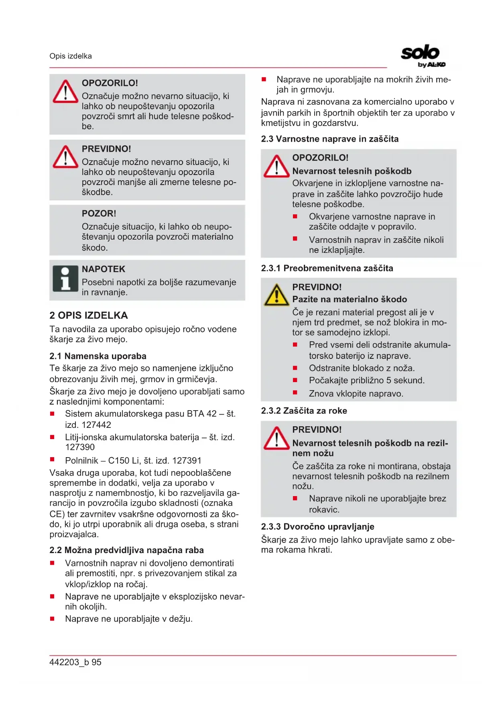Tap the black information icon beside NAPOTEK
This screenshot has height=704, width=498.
65,278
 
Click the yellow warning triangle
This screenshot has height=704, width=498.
276,295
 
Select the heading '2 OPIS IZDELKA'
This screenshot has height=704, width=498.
89,315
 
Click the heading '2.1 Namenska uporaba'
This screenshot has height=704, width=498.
98,356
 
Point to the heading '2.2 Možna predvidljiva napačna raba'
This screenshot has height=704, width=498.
126,550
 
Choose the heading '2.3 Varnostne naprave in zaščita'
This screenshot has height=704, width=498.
329,139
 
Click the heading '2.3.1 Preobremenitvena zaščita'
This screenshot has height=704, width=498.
327,268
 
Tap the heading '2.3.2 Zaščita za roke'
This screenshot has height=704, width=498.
304,411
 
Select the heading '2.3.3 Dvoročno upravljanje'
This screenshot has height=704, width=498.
317,527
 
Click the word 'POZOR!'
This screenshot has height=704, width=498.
99,214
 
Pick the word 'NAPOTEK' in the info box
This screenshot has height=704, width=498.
104,269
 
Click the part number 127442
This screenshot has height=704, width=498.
96,425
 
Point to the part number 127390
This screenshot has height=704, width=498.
80,447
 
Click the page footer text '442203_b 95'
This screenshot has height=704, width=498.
75,662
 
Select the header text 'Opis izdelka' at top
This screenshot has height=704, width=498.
71,56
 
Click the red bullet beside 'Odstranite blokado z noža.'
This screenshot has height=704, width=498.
295,368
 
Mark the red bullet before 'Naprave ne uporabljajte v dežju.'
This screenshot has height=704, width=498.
52,619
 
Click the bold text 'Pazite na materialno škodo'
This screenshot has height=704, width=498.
350,299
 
